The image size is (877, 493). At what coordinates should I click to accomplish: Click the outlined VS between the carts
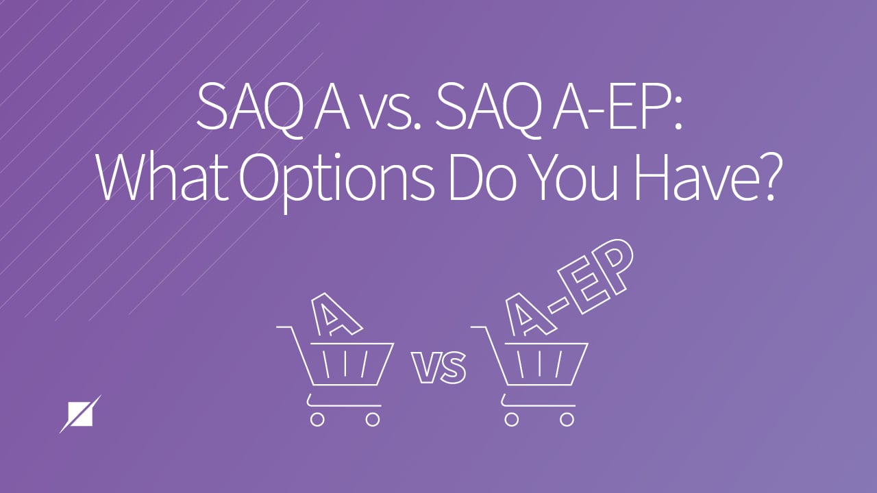tap(438, 370)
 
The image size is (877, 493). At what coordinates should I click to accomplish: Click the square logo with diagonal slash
tap(80, 414)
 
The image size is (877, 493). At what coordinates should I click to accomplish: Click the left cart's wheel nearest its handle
tap(317, 419)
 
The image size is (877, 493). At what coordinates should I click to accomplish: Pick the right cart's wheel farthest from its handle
tap(568, 419)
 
